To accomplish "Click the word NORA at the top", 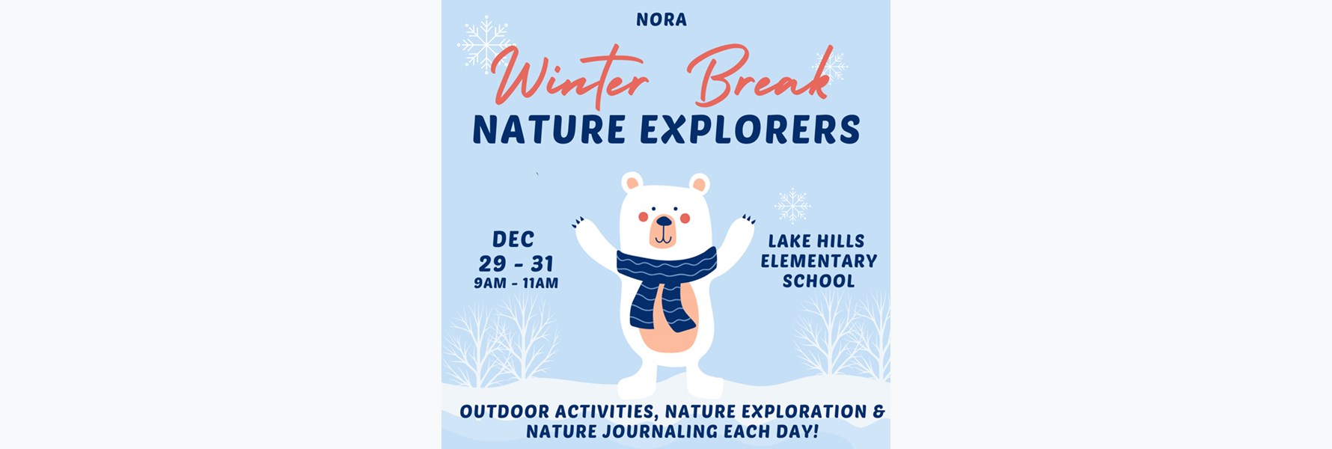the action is tap(662, 19).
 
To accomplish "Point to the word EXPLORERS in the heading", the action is tap(750, 129).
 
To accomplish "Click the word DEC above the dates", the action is tap(513, 239).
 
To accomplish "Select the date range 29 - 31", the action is tap(516, 264).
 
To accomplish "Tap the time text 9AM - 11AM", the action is tap(516, 284).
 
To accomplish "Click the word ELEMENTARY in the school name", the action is tap(819, 261).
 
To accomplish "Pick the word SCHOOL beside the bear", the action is tap(819, 281).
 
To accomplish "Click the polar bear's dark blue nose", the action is tap(663, 221).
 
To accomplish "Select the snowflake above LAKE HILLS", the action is tap(792, 206).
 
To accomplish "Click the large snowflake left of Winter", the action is tap(485, 44).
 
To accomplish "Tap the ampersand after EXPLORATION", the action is tap(879, 412).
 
